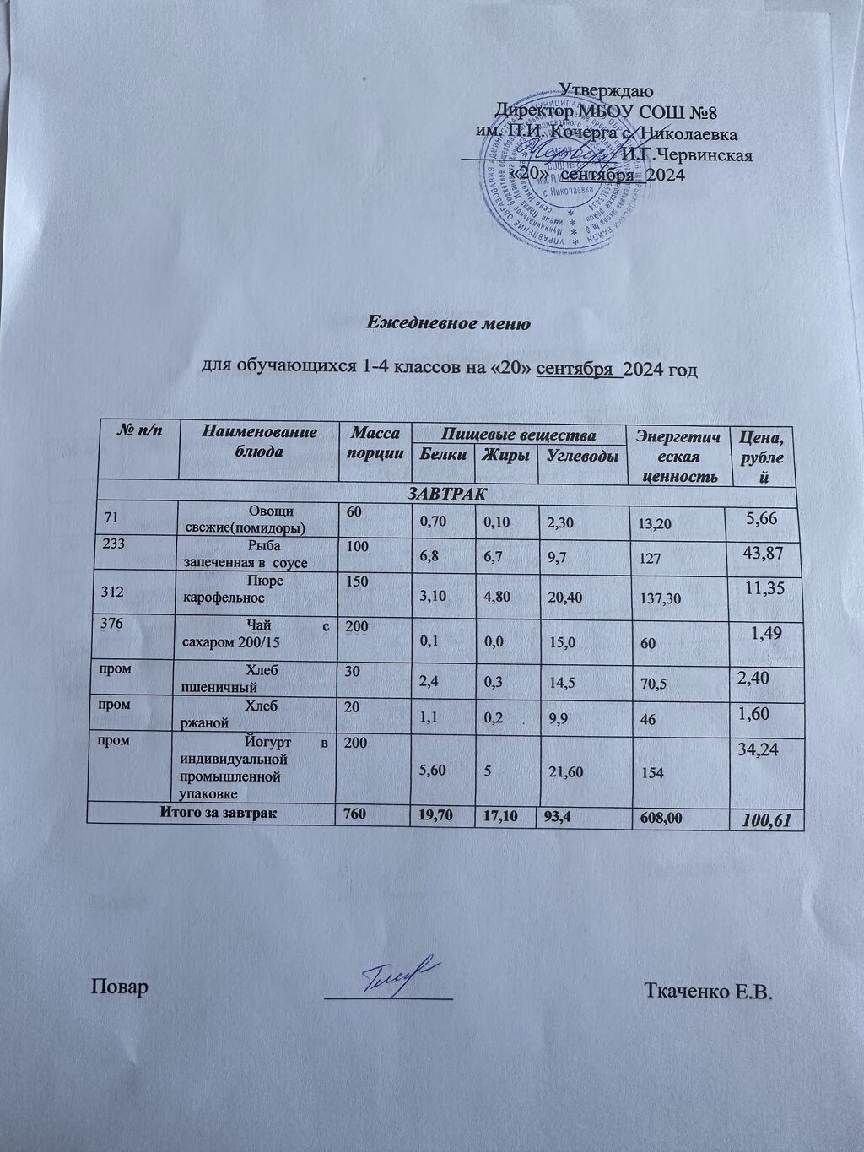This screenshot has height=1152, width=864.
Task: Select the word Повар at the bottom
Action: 120,987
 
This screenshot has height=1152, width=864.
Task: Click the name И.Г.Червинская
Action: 686,154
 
